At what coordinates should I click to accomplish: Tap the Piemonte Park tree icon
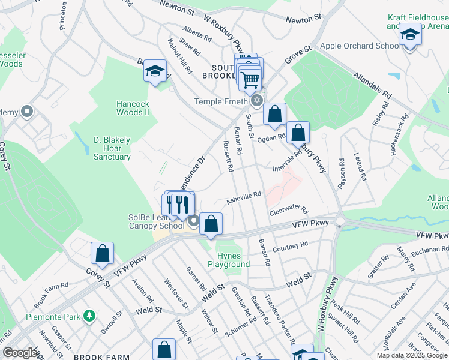point(89,315)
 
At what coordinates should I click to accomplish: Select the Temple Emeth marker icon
point(257,100)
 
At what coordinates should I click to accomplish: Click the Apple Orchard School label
point(361,46)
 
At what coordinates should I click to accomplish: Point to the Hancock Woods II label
point(133,108)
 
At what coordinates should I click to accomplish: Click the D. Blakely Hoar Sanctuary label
point(112,148)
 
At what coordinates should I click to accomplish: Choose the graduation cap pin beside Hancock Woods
point(155,73)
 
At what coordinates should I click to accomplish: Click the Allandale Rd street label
point(372,88)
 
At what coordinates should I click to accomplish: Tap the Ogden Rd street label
point(271,137)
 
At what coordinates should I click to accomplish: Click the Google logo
point(20,353)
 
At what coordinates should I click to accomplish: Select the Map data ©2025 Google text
point(412,355)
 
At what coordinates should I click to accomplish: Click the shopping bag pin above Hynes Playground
point(211,224)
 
